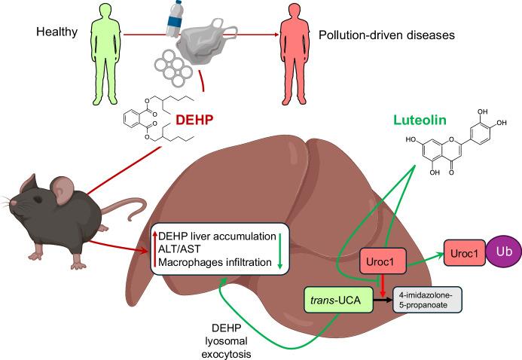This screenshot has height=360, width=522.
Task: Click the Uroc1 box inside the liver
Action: (382, 260)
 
